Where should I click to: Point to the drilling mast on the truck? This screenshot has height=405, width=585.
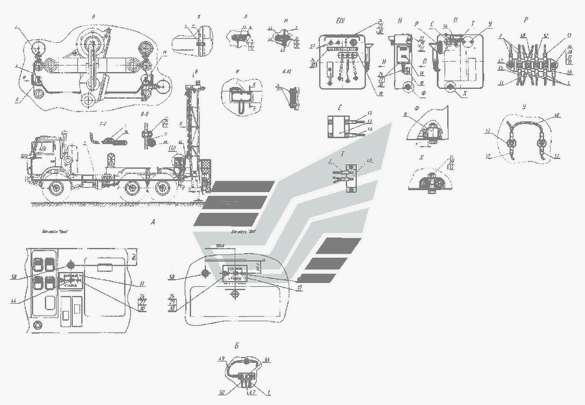click(191, 123)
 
